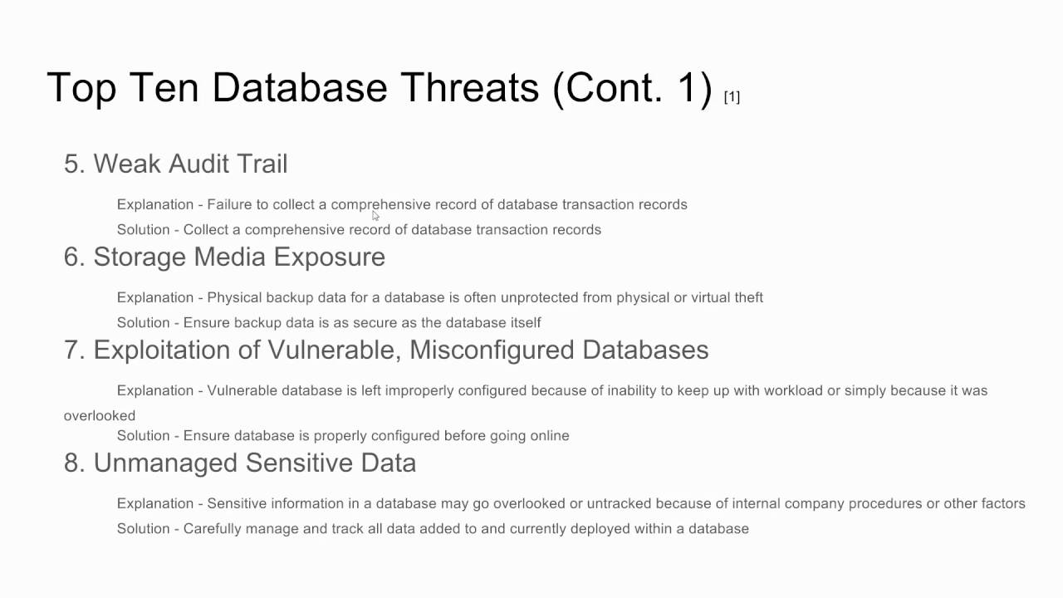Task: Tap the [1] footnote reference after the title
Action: [732, 97]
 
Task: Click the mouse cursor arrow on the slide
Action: [375, 215]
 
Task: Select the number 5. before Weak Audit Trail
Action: [75, 164]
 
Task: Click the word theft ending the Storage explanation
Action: [748, 297]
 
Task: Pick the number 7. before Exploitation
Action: [75, 350]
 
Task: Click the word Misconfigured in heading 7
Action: [492, 350]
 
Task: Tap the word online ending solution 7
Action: [549, 435]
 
